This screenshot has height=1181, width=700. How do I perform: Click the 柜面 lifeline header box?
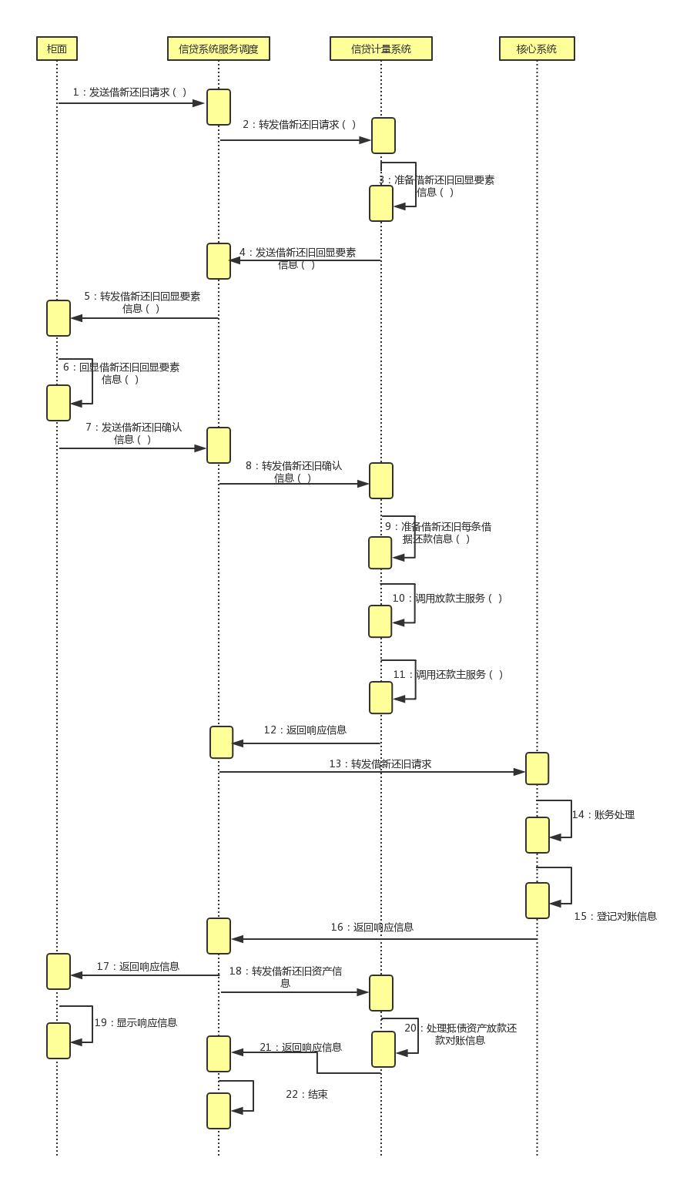(x=57, y=49)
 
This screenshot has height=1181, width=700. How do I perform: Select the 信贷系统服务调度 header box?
(x=219, y=49)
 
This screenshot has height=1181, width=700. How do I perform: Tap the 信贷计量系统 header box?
(x=381, y=49)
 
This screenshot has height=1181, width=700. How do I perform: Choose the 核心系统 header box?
(x=537, y=49)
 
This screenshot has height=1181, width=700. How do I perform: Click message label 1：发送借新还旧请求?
(x=129, y=92)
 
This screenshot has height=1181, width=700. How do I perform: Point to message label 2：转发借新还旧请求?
(x=300, y=125)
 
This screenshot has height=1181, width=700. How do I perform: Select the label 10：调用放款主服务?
(x=447, y=599)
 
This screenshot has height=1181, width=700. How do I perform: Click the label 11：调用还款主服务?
(x=448, y=675)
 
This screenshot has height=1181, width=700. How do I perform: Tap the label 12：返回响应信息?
(x=305, y=730)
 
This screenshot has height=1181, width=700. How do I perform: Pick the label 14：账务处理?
(x=603, y=815)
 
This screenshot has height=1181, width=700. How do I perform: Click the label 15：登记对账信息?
(x=615, y=917)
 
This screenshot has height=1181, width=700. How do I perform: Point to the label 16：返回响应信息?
(x=372, y=928)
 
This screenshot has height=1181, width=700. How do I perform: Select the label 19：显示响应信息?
(x=136, y=1023)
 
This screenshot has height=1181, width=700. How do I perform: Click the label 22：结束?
(x=306, y=1095)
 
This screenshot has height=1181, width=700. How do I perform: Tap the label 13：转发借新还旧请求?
(x=380, y=764)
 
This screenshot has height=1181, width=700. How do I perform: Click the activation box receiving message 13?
(x=537, y=769)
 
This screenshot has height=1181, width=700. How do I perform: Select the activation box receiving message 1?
(x=219, y=107)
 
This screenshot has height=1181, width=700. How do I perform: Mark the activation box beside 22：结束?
(x=219, y=1111)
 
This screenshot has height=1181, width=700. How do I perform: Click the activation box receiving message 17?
(x=59, y=971)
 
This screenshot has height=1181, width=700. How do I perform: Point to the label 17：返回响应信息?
(x=138, y=967)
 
